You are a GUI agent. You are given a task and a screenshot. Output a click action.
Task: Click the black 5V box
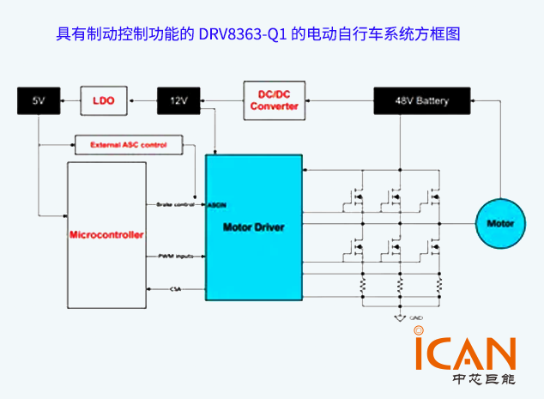(38, 101)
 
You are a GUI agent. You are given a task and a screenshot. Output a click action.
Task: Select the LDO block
(104, 101)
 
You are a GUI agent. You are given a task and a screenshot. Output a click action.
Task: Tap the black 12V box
(178, 101)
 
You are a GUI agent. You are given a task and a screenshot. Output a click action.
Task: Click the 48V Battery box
(421, 101)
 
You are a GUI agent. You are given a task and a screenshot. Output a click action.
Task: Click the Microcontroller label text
(107, 234)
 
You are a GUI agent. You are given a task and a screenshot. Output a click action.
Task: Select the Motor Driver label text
(253, 227)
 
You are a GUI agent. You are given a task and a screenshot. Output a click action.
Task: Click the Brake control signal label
(177, 204)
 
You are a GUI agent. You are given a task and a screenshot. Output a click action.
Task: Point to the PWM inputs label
(175, 256)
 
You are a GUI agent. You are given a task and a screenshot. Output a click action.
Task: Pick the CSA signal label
(176, 289)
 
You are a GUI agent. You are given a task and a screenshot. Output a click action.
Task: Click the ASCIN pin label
(216, 205)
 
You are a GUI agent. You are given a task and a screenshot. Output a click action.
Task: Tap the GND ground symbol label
(415, 318)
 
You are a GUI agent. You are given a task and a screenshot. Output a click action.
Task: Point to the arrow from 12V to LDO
(142, 101)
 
